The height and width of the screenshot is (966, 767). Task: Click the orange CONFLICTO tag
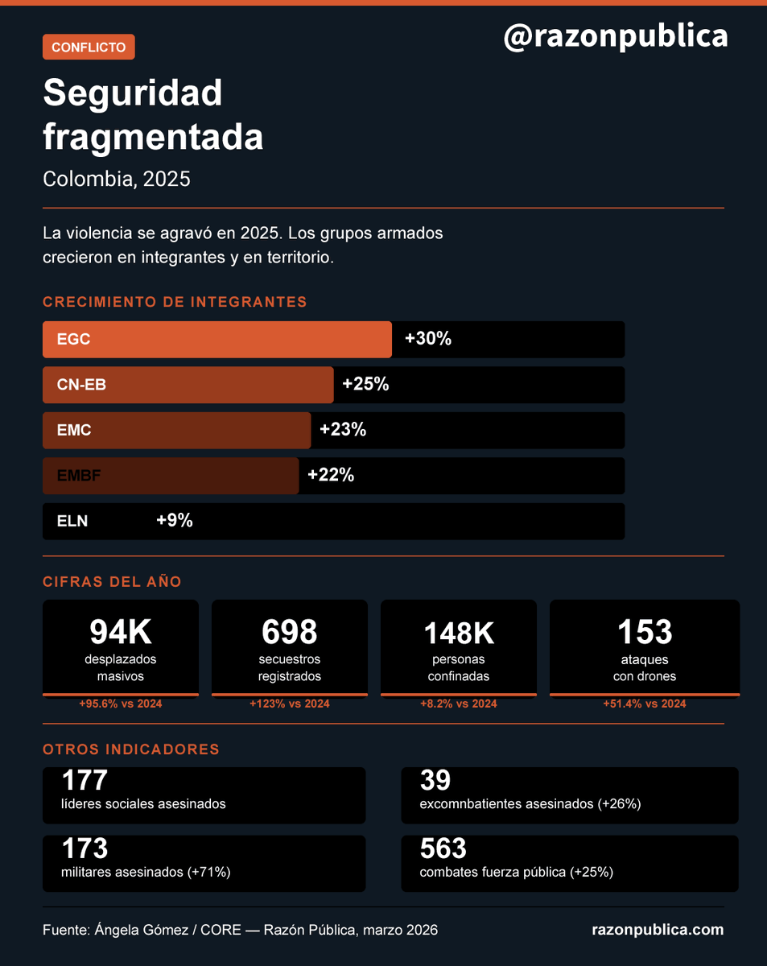89,47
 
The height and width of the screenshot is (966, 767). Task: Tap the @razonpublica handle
616,36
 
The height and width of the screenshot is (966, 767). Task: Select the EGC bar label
73,340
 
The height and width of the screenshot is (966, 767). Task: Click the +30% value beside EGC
428,339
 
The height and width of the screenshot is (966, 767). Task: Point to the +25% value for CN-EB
365,385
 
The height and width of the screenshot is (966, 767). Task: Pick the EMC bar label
74,431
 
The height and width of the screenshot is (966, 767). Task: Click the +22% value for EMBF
331,475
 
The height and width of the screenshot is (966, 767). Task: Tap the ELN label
72,521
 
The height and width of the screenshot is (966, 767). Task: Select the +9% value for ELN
175,521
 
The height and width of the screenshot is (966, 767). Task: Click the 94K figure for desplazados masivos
121,633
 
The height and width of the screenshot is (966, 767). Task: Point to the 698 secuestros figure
290,633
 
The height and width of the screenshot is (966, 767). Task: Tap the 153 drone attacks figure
645,633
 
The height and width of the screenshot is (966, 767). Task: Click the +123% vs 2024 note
290,704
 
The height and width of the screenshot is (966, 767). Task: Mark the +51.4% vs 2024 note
645,704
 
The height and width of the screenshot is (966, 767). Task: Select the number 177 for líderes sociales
85,780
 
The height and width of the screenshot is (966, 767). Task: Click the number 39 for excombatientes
435,780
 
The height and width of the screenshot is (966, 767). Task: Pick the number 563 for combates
443,848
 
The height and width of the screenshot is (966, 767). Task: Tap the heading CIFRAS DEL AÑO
112,582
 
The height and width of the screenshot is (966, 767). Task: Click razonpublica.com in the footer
658,930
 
